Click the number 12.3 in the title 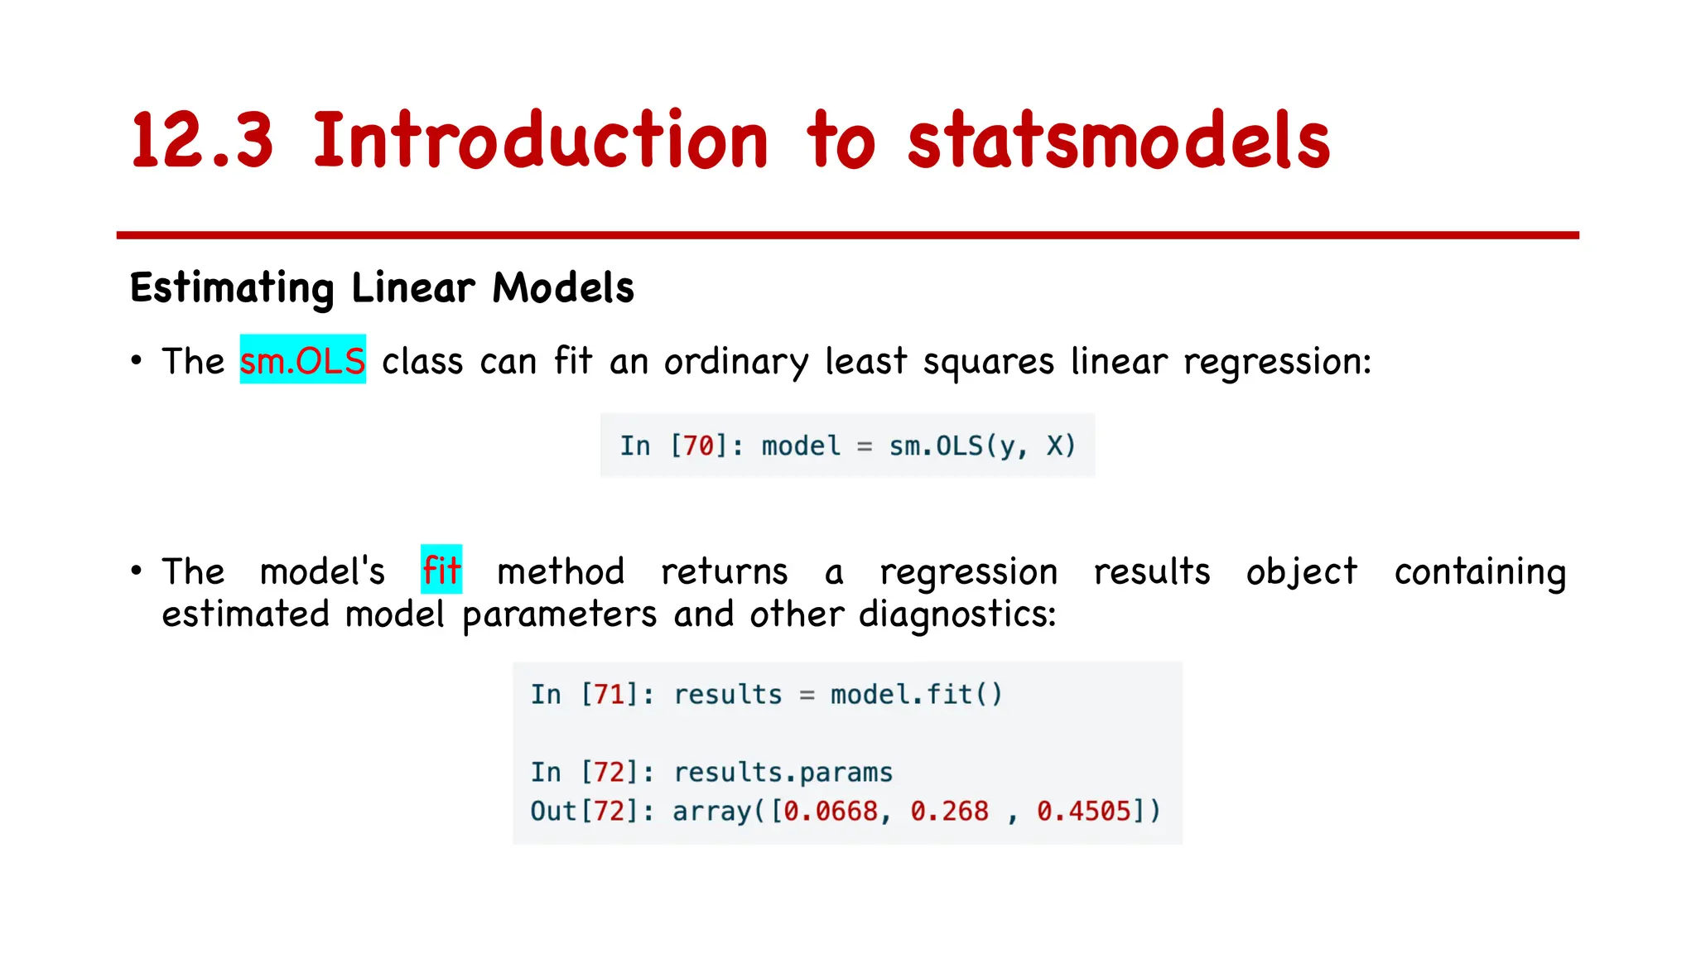[201, 141]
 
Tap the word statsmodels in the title [1118, 141]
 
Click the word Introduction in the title [540, 141]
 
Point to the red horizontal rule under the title [847, 235]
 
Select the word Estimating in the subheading [232, 288]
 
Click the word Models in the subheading [563, 288]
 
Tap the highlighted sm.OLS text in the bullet [302, 361]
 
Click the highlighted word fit [441, 571]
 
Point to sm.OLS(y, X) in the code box [982, 446]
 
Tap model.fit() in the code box [917, 694]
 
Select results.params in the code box [783, 773]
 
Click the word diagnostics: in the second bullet [957, 615]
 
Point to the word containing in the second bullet [1480, 572]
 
